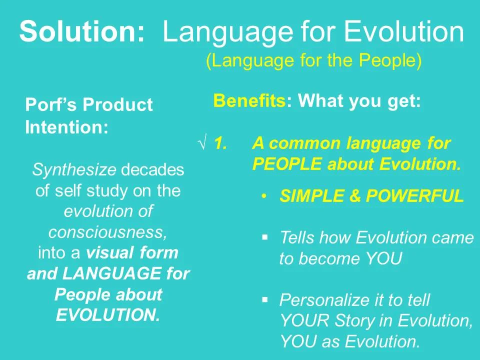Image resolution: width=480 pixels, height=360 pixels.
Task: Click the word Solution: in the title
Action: pos(82,32)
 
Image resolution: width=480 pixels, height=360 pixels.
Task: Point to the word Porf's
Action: pos(51,105)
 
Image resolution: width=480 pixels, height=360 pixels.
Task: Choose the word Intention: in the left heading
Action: pos(66,127)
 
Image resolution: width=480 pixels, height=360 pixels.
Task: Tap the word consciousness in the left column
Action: pos(107,232)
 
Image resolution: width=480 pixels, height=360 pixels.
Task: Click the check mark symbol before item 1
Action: pos(203,143)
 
